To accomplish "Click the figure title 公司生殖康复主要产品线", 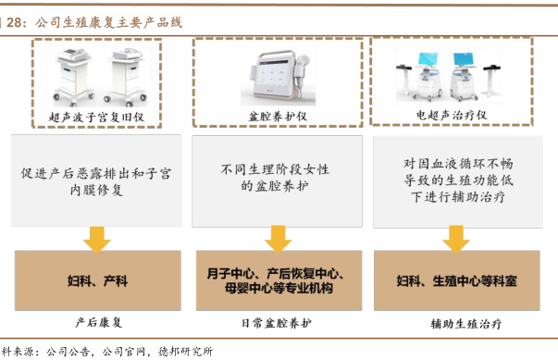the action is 109,22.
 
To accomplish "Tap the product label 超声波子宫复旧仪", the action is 96,117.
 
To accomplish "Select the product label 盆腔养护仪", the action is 278,116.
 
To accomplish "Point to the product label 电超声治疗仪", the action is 452,115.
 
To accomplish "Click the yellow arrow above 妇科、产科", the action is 97,240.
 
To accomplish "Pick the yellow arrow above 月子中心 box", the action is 279,239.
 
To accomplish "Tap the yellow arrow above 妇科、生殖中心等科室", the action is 456,239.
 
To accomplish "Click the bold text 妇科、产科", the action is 97,281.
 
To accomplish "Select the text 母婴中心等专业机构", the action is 279,288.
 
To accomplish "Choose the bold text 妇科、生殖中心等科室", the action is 456,281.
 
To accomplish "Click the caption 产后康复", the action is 99,323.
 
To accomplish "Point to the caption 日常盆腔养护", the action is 277,323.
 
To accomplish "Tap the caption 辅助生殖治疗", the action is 466,324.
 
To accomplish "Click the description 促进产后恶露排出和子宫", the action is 96,174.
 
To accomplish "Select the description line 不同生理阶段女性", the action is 275,169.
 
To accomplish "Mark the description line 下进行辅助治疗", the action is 458,197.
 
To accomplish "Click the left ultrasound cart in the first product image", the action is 73,77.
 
